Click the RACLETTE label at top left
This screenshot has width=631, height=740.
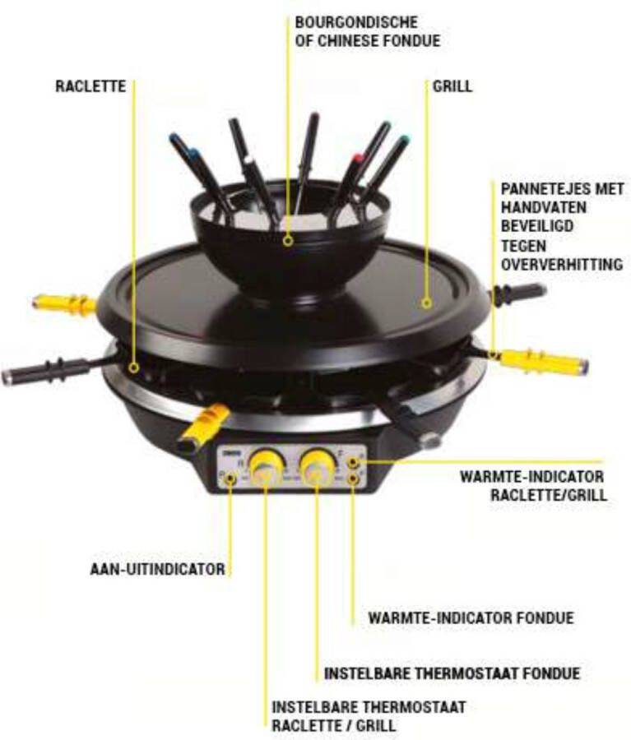(x=90, y=86)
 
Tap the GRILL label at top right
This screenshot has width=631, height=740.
(x=452, y=86)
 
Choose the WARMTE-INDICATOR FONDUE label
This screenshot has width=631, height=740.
(x=471, y=617)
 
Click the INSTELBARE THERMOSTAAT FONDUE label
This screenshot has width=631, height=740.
(x=452, y=673)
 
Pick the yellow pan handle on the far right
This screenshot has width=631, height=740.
(x=544, y=362)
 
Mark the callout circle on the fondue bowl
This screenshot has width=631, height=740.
(x=287, y=241)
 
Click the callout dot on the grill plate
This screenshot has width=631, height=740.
(x=426, y=303)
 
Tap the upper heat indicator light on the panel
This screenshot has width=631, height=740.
(x=354, y=461)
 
